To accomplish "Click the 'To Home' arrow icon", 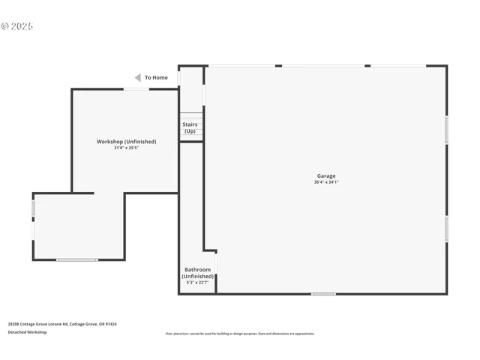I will pos(137,77).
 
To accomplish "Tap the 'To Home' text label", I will pos(156,77).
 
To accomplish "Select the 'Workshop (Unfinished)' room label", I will pos(126,142).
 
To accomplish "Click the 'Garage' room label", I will pos(326,176).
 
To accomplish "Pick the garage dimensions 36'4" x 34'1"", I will pos(326,182).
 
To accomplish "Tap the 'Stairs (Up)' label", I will pos(190,127).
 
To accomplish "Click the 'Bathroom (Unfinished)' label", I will pos(198,273).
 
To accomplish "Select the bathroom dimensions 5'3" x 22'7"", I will pos(198,282).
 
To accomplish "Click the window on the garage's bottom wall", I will pos(323,294).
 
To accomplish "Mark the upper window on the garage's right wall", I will pos(447,129).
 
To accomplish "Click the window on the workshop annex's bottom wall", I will pos(77,260).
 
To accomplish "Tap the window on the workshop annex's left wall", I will pos(33,208).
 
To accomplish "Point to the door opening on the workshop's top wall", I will pos(136,89).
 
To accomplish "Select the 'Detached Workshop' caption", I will pos(27,332).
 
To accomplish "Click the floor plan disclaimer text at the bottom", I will pos(240,334).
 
